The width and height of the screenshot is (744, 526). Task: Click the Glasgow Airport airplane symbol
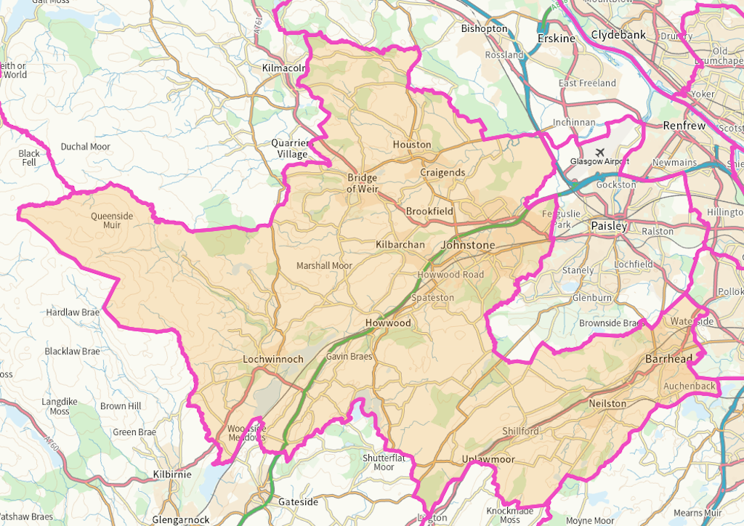599,152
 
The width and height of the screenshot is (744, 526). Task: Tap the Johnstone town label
467,246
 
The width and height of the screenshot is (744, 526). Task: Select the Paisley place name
608,226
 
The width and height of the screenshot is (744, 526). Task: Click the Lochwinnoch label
272,359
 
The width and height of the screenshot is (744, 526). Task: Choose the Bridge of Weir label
362,183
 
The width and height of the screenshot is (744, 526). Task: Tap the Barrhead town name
669,359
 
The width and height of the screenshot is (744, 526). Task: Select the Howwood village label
388,323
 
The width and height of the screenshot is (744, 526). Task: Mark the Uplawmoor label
488,460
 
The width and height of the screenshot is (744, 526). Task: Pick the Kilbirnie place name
172,474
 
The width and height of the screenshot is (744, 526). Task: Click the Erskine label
556,38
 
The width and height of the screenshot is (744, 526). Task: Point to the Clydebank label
618,34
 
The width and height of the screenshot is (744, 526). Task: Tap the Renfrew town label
684,126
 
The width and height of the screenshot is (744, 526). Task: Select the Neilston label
608,403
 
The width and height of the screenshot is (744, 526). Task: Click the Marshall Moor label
324,266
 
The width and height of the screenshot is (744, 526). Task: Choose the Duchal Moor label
85,147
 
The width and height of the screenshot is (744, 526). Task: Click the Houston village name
412,145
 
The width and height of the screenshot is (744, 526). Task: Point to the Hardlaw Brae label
73,312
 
